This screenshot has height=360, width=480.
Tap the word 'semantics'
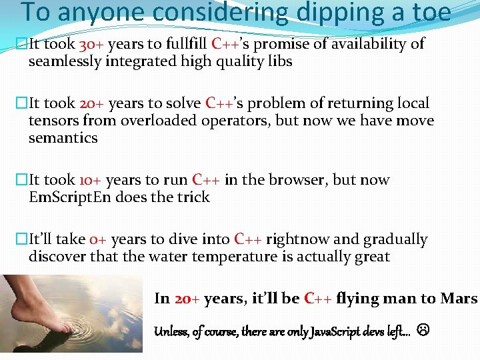pyautogui.click(x=63, y=138)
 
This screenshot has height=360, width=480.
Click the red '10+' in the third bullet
pyautogui.click(x=90, y=180)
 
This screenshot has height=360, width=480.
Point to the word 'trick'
pyautogui.click(x=193, y=197)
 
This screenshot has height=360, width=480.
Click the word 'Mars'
pyautogui.click(x=459, y=299)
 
